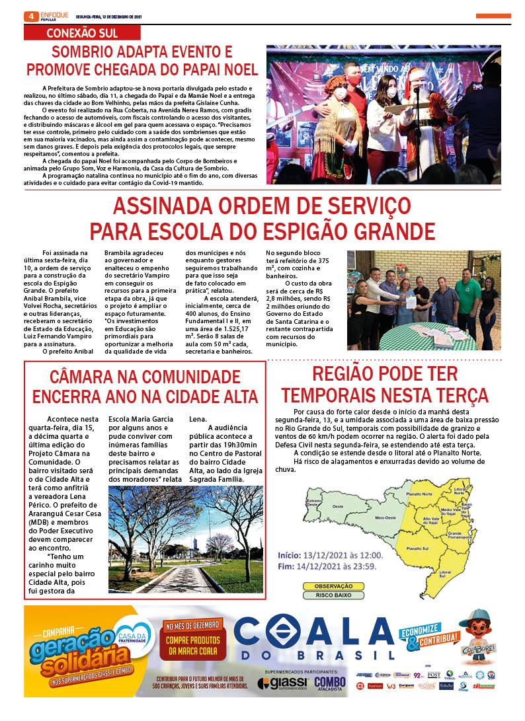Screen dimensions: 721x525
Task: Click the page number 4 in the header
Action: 29,16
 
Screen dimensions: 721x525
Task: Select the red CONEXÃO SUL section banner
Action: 82,33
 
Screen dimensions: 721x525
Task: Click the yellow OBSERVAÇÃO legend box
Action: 329,586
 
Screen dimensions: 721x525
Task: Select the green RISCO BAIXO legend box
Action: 329,595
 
